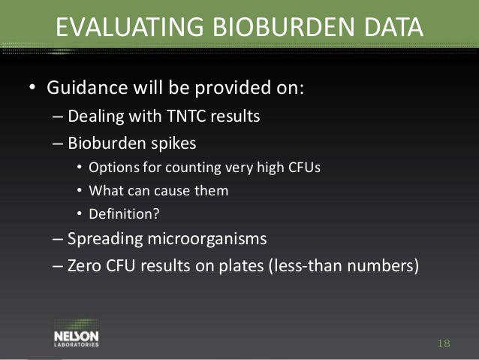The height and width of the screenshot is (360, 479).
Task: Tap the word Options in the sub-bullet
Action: (111, 168)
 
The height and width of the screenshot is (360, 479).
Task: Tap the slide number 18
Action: (443, 343)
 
